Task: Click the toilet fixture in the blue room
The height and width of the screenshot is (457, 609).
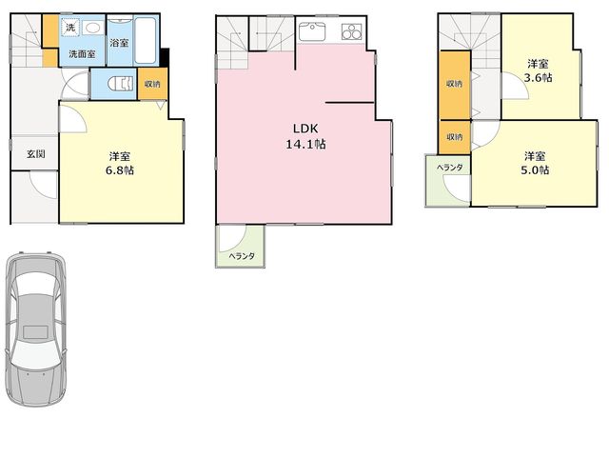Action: coord(120,84)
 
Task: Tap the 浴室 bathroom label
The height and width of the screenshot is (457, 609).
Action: coord(119,42)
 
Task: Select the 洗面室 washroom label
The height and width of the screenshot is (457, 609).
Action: coord(82,54)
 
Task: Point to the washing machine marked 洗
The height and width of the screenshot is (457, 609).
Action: coord(70,28)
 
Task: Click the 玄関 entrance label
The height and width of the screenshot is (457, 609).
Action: coord(36,154)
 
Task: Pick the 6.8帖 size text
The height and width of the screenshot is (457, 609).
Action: coord(120,170)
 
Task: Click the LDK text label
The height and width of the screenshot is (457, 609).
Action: coord(305,129)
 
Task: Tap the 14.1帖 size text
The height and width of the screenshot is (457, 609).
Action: coord(305,144)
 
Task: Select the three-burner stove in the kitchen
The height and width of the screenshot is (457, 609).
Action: coord(351,31)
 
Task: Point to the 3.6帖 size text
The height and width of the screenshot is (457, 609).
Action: coord(539,77)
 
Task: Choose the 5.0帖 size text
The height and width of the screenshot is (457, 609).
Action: coord(535,169)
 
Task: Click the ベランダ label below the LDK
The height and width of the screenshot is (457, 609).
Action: coord(242,256)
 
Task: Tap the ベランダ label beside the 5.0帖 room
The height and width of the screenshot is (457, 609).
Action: coord(450,168)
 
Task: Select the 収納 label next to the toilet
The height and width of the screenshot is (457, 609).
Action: coord(152,84)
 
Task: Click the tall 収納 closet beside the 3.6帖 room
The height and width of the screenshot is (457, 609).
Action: coord(455,85)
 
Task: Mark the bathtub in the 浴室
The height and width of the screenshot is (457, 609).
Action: coord(146,40)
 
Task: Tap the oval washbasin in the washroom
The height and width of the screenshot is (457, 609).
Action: coord(92,28)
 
